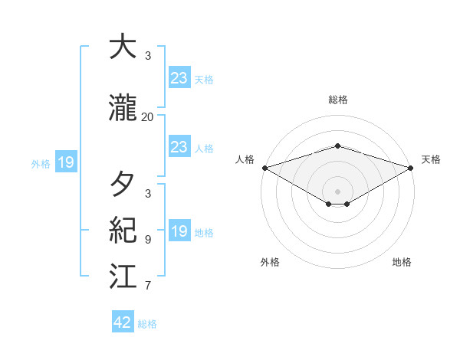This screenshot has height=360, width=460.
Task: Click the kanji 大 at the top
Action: pos(123,47)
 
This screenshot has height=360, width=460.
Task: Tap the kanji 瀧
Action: pos(123,109)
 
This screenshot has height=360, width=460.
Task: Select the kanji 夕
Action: pos(123,184)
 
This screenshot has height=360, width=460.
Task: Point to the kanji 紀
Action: pos(123,230)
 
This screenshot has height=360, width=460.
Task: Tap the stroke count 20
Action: pos(147,117)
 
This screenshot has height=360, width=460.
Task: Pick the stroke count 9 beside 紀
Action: pos(147,239)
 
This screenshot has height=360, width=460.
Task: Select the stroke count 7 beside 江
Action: pos(147,286)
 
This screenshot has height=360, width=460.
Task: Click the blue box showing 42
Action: pos(123,322)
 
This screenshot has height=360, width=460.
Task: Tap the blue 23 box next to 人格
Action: pos(179,147)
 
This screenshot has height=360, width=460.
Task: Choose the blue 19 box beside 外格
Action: pos(65,162)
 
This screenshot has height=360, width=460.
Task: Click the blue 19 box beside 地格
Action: pos(179,231)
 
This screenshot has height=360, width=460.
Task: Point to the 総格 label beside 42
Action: pos(147,324)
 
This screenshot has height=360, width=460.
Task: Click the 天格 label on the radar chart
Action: pos(431,159)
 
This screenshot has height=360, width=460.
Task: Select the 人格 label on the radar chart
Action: pos(245,159)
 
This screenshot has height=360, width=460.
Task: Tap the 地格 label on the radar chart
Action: pos(402,262)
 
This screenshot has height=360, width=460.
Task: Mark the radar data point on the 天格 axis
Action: pos(411,168)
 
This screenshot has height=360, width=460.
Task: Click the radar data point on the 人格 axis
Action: pos(264,168)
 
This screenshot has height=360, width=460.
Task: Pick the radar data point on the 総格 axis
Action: pos(337,146)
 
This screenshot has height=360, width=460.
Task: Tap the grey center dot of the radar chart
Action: pos(337,191)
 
